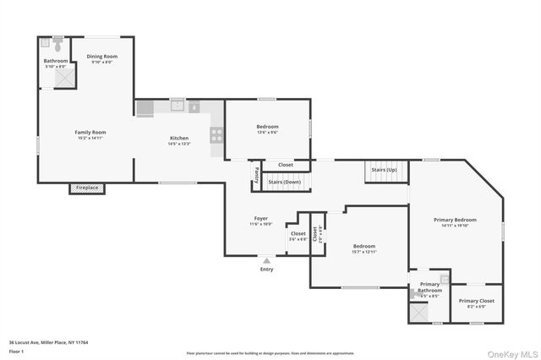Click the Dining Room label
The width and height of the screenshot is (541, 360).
click(x=101, y=56)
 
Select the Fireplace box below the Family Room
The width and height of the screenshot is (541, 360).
click(x=86, y=188)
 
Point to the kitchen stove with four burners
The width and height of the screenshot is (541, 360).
click(x=216, y=133)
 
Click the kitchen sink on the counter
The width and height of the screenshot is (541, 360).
click(x=178, y=106)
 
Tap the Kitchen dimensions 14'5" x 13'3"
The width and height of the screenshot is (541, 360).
click(x=179, y=144)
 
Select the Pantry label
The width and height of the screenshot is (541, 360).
click(x=256, y=175)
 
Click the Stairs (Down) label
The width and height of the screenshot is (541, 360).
click(x=284, y=182)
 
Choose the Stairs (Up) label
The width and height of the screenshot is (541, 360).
click(x=385, y=170)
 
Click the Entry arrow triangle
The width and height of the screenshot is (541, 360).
click(x=267, y=260)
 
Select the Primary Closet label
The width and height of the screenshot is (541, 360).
click(x=476, y=300)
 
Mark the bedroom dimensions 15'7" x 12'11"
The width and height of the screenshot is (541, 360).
click(x=364, y=252)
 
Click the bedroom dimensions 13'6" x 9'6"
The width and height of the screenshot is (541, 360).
click(x=267, y=132)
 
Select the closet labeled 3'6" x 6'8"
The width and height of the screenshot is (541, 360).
click(x=298, y=239)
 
